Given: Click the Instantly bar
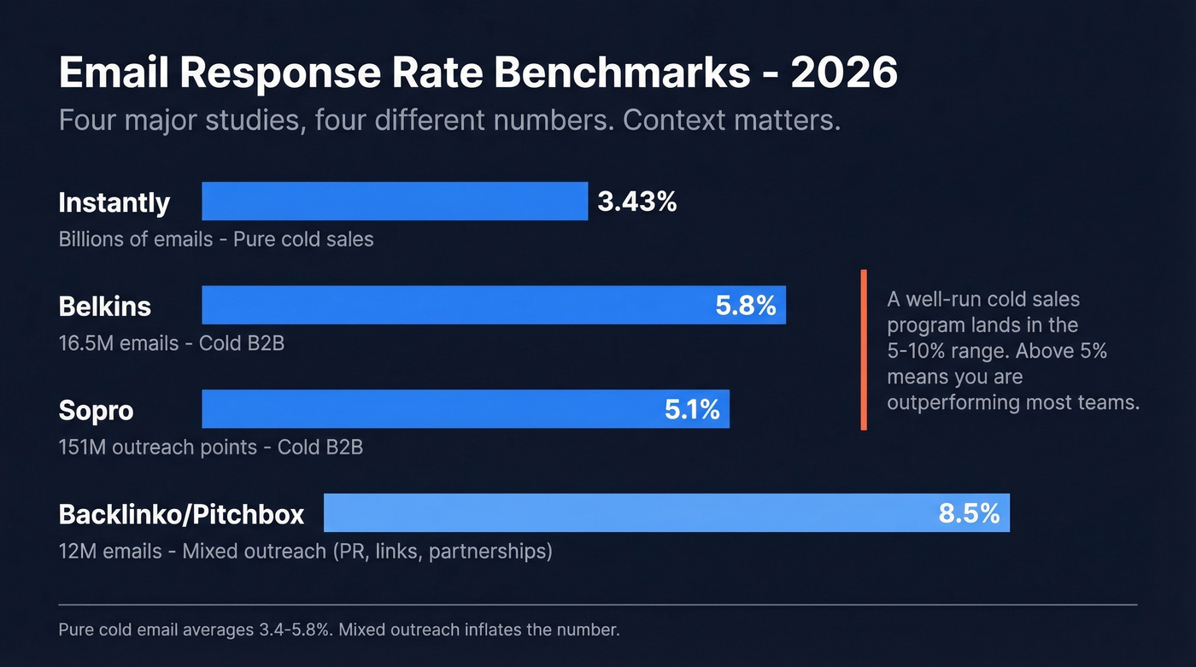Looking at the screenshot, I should coord(395,202).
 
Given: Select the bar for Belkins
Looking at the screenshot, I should coord(453,305).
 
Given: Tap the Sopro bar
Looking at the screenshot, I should coord(427,409).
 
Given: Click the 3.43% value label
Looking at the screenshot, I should coord(637,202).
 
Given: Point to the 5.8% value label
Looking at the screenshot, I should coord(746,306).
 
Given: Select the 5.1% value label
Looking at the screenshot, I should coord(692,410).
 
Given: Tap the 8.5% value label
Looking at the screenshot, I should coord(969,513).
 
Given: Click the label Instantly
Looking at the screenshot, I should coord(114,203).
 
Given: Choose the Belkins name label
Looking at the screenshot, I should coord(105,306).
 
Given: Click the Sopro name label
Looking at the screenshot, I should coord(96,410).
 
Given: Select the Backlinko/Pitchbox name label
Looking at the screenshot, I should coord(181,514).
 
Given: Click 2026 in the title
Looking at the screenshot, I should coord(844,74).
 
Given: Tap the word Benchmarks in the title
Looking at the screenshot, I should coord(610,74).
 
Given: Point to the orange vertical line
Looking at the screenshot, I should coord(864,350).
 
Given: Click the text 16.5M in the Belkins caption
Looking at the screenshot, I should coord(79,343).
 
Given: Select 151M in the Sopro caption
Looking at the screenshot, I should coord(80,447).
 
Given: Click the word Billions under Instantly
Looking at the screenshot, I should coord(91,239).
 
